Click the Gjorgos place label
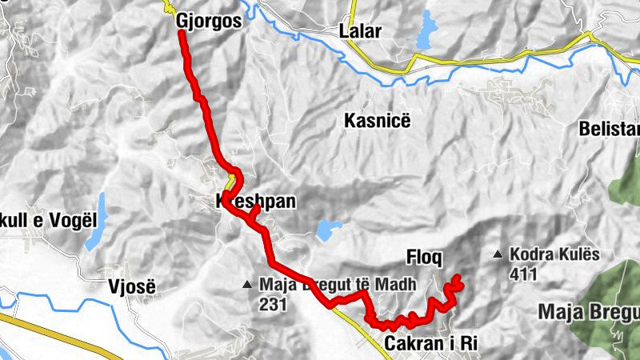click(x=208, y=22)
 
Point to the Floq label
click(x=424, y=258)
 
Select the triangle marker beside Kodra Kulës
click(x=498, y=256)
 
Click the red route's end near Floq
click(x=458, y=278)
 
